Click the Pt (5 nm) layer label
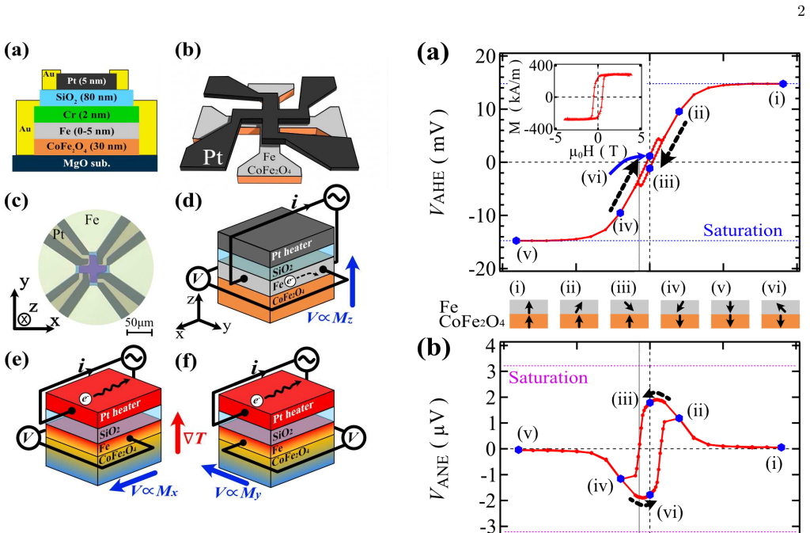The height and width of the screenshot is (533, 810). point(86,81)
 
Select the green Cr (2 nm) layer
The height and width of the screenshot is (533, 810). point(86,114)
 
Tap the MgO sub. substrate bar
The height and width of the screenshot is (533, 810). point(85,163)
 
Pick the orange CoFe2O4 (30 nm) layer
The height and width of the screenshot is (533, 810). point(86,147)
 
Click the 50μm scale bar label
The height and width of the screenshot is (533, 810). point(139,322)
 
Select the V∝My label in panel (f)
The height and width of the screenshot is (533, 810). point(238,493)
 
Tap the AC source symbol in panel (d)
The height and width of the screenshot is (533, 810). point(337,198)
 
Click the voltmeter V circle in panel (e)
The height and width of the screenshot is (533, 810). point(28,437)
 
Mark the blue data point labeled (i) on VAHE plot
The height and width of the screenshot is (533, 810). point(783,84)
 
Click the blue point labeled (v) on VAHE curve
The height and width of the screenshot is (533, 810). point(516,241)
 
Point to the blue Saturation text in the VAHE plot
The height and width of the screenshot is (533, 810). point(742,230)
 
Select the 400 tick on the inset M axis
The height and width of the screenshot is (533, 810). point(541,66)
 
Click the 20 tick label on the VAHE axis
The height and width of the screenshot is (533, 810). point(485,56)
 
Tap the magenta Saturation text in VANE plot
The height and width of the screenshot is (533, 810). point(548,378)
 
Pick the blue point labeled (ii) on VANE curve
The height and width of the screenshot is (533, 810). point(679,417)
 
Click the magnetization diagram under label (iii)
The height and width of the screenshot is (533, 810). point(629,314)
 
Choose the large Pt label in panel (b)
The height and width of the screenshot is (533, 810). point(212,157)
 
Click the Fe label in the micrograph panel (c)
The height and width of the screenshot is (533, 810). point(92,220)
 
